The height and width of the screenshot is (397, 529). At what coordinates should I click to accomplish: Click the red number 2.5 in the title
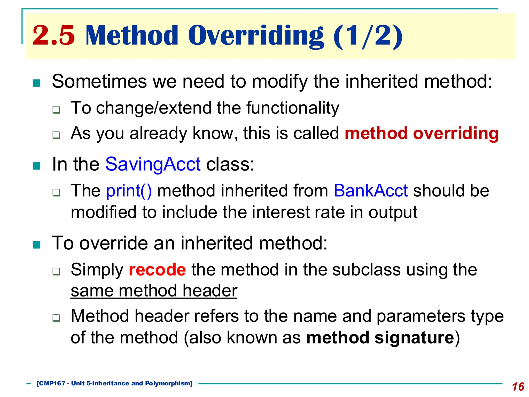pos(53,35)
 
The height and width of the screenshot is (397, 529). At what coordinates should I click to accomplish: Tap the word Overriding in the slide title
pos(256,35)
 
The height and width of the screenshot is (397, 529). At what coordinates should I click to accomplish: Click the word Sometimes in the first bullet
pos(99,81)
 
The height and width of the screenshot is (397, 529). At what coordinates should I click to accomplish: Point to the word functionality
pos(292,108)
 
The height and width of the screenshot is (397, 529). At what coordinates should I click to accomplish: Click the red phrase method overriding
pos(422,133)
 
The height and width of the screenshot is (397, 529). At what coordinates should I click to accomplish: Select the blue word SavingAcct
pos(153,164)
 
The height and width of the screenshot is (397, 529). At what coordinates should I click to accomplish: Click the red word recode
pos(157,270)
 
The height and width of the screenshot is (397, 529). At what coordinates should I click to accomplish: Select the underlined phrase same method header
pos(154,291)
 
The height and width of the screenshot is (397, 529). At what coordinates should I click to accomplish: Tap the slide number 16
pos(518,387)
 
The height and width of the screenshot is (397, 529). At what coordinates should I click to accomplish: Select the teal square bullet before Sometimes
pos(37,83)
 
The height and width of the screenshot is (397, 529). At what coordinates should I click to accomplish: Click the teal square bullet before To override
pos(37,245)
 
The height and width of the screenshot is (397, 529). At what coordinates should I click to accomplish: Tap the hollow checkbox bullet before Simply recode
pos(56,271)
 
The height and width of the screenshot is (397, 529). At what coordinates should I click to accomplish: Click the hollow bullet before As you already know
pos(56,135)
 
